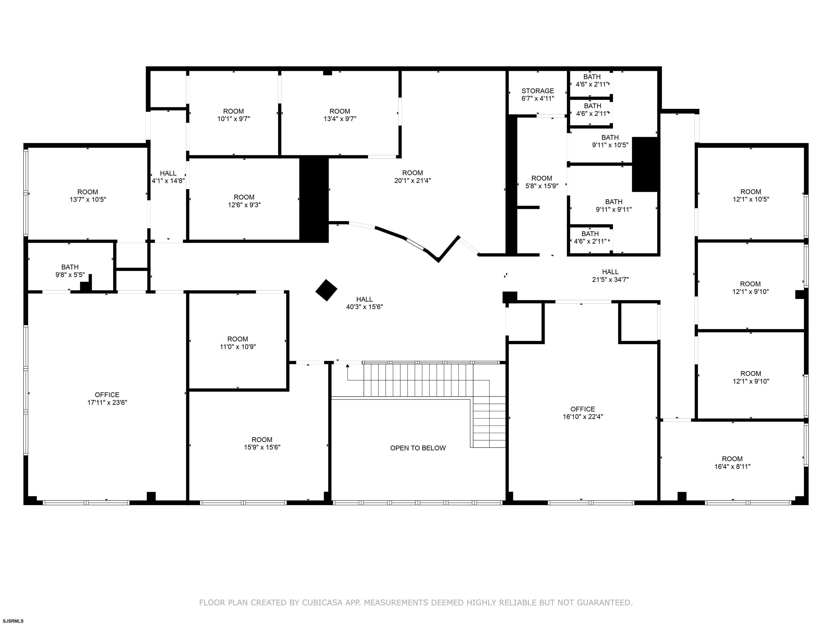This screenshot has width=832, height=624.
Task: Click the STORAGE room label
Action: point(538,91)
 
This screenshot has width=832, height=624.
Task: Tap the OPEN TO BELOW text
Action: point(418,448)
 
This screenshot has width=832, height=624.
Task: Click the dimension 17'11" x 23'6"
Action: point(107,402)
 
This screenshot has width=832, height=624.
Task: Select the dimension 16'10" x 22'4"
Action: point(583,417)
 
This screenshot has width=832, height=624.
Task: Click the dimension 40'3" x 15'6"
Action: point(365,307)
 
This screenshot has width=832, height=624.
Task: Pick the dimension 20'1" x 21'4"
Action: point(413,181)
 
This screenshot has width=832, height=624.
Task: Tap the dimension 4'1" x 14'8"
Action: point(168,181)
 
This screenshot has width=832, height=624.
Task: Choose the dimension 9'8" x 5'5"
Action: point(70,275)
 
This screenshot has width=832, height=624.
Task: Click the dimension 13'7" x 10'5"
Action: point(88,199)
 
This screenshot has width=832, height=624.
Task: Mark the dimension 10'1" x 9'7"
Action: point(233,119)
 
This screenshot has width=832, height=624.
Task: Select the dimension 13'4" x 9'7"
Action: point(340,119)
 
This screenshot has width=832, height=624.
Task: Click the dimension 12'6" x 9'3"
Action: point(244,205)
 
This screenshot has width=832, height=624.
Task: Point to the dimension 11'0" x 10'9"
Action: point(238,347)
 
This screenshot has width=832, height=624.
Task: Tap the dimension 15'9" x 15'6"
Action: point(262,447)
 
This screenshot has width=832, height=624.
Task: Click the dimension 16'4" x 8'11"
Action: point(732,466)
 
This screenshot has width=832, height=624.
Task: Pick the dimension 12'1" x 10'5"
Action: point(751,199)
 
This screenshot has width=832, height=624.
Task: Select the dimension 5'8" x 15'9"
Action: point(542,186)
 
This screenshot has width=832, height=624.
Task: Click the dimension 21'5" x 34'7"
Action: point(610,279)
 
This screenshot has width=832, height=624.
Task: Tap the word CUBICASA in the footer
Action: point(322,603)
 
